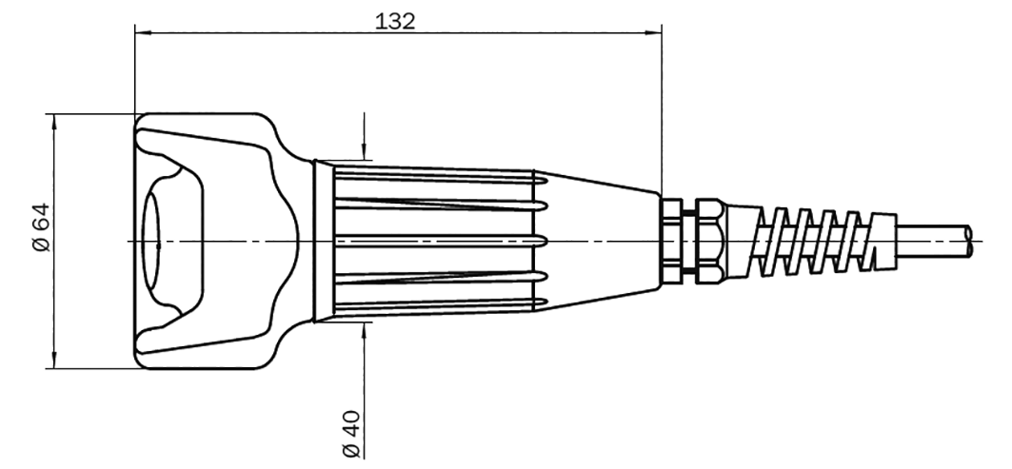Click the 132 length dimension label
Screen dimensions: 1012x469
pyautogui.click(x=395, y=21)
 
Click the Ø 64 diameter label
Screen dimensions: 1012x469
pyautogui.click(x=41, y=227)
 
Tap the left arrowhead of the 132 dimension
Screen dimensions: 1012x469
pyautogui.click(x=143, y=32)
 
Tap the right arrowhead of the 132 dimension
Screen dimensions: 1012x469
pyautogui.click(x=654, y=32)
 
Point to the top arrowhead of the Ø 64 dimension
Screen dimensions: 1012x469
pyautogui.click(x=53, y=122)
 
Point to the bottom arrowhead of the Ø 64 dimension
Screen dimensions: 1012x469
pyautogui.click(x=53, y=361)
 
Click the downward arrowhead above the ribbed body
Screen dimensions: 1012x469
pyautogui.click(x=364, y=151)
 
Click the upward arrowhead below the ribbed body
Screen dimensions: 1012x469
pyautogui.click(x=364, y=330)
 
